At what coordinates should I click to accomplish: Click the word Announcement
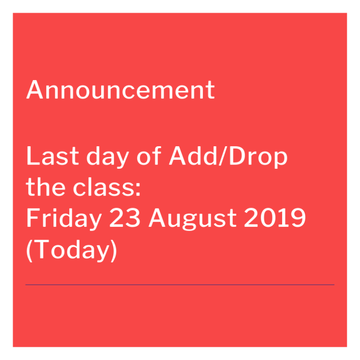(x=120, y=90)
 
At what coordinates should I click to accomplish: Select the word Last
(x=52, y=156)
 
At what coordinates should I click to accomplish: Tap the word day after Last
(x=107, y=157)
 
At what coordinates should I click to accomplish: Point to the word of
(x=149, y=156)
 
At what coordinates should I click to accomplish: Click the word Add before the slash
(x=192, y=156)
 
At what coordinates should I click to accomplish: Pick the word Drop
(x=258, y=157)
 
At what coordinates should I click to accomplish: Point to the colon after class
(x=138, y=190)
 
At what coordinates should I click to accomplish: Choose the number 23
(x=125, y=217)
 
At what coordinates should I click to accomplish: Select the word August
(x=193, y=219)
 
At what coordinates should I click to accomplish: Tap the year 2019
(x=275, y=217)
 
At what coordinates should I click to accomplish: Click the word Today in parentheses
(x=72, y=250)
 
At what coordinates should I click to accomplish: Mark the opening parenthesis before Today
(x=30, y=250)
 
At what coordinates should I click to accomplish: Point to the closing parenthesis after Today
(x=113, y=250)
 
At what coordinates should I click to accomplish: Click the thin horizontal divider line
(x=180, y=285)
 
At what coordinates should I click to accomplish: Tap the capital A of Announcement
(x=35, y=90)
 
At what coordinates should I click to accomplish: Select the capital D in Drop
(x=238, y=156)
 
